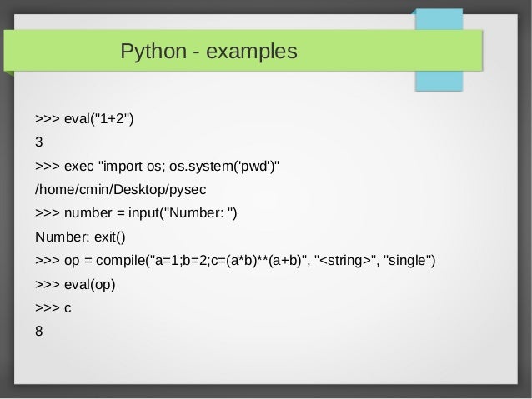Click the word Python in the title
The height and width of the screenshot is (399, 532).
coord(149,52)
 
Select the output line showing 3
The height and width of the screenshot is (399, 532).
coord(38,141)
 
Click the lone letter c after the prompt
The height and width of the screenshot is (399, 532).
coord(68,307)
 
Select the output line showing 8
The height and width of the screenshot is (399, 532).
coord(38,331)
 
